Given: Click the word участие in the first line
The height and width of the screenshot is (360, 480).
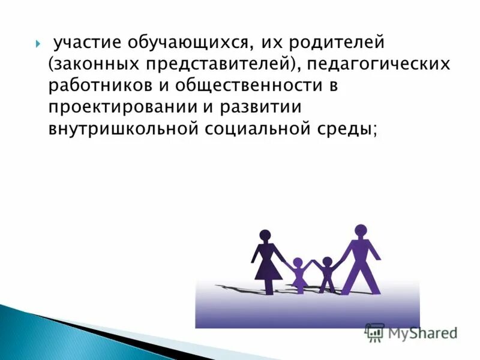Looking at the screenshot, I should click(86, 44).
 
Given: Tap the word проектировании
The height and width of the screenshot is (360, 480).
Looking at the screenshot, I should click(118, 107).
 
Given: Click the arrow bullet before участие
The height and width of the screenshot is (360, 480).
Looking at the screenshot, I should click(39, 44).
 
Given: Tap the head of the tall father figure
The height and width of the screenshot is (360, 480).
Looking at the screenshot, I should click(361, 230).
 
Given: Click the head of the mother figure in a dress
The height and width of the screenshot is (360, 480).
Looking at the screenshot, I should click(265, 236).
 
